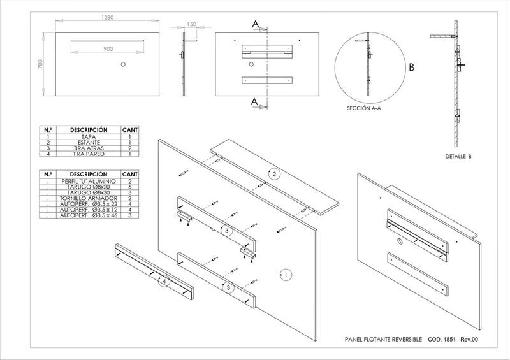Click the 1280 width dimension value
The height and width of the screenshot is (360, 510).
(107, 18)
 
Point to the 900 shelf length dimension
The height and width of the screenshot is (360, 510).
(108, 48)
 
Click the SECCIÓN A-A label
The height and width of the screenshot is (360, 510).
(364, 109)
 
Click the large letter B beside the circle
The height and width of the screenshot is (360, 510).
(412, 67)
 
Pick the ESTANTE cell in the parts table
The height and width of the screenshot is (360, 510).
(88, 142)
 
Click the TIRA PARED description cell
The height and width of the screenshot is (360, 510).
(88, 154)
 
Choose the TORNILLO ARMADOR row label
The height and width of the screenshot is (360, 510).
(88, 199)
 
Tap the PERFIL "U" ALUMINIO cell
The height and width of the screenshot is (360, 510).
(88, 182)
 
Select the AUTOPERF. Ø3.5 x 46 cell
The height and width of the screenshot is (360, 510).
(88, 216)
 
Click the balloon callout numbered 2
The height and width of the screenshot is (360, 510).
(274, 174)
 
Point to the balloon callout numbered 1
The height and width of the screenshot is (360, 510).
(286, 275)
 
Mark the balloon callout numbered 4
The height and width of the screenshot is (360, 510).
(164, 280)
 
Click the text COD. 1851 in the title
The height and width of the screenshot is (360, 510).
(442, 340)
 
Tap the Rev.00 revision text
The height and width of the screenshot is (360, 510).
(469, 340)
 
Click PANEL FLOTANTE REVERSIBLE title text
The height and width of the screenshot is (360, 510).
(383, 340)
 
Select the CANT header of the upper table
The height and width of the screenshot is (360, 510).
(129, 129)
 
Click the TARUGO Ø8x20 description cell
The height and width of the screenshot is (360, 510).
(88, 187)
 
